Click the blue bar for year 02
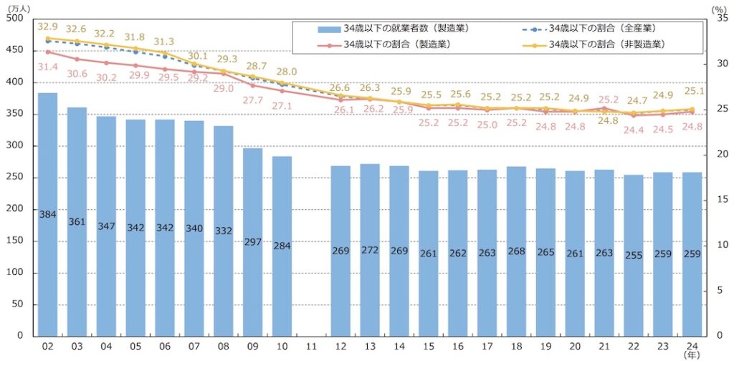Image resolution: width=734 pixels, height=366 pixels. click(47, 215)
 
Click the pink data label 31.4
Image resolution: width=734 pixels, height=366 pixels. click(47, 67)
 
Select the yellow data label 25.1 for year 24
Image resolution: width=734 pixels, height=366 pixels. click(692, 92)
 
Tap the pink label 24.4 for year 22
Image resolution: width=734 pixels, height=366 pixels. click(633, 130)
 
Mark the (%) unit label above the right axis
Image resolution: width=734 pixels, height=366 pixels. click(719, 7)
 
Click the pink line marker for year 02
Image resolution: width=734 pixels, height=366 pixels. click(47, 52)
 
